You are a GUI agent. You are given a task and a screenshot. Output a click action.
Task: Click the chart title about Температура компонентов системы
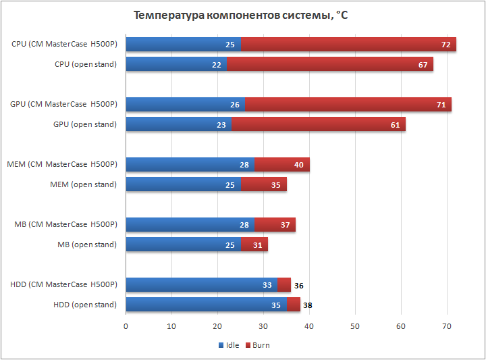tap(240, 15)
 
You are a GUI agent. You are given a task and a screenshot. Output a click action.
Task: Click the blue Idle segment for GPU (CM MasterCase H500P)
tap(186, 105)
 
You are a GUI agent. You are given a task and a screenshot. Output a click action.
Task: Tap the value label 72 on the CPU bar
tap(446, 45)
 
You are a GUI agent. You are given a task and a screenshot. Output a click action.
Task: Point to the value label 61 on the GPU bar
tap(395, 124)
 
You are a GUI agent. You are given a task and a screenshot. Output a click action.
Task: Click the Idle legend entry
tap(229, 345)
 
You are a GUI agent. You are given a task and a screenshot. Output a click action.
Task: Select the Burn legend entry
tap(257, 345)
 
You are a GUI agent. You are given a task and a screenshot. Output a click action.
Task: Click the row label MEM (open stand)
tap(83, 184)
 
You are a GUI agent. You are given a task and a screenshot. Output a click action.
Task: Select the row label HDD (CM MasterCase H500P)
tap(63, 284)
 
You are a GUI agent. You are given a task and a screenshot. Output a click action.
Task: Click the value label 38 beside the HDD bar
tap(308, 305)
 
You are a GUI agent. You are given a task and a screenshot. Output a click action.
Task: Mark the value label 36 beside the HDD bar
tap(298, 285)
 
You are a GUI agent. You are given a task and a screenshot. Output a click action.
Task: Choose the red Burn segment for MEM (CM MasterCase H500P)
tap(282, 165)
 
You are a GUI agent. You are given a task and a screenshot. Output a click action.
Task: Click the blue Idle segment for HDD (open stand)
tap(206, 305)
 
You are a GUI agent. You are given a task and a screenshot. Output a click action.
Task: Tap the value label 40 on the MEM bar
tap(299, 165)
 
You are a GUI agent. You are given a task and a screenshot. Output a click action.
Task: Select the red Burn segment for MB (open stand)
tap(254, 245)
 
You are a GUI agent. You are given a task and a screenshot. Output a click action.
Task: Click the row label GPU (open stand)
tap(84, 124)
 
